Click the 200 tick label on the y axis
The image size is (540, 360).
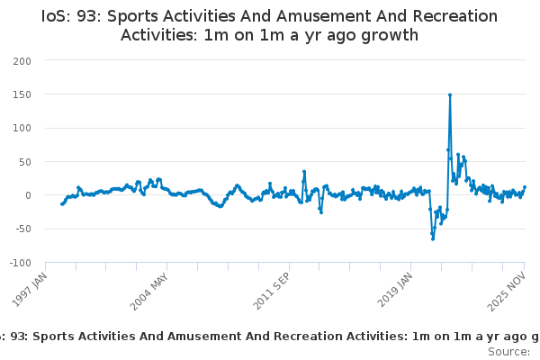tap(22, 60)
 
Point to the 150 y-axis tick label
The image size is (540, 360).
tap(22, 94)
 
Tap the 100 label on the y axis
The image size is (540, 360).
tap(22, 128)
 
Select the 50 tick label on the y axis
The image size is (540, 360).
tap(24, 162)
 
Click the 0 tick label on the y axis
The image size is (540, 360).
tap(28, 195)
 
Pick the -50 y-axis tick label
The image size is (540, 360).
tap(22, 229)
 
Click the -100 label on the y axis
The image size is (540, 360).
tap(20, 263)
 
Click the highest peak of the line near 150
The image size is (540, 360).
tap(450, 94)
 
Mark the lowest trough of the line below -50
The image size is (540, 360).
tap(432, 238)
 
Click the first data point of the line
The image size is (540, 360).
tap(61, 204)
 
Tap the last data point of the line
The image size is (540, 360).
tap(525, 187)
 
